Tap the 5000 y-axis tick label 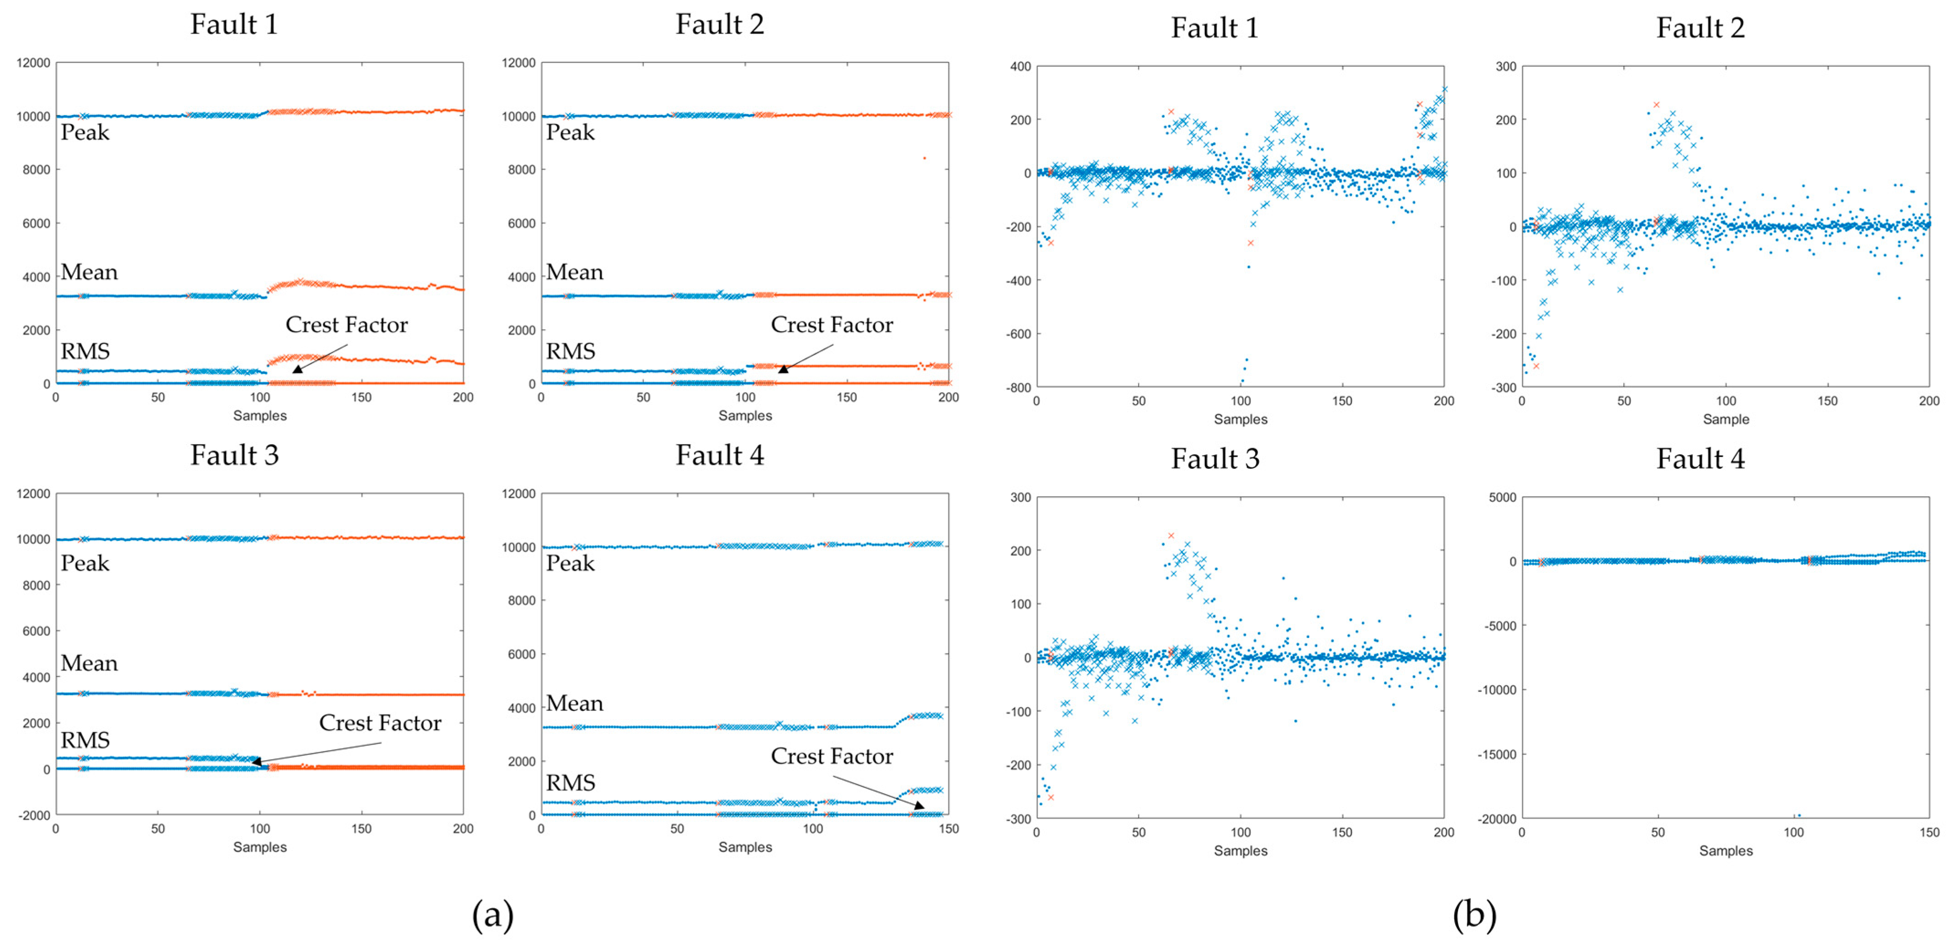(1502, 497)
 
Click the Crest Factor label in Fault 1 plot (347, 325)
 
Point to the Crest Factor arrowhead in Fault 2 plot (782, 369)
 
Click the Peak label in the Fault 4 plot (570, 563)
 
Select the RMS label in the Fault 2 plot (570, 351)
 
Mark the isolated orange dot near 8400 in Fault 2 (924, 158)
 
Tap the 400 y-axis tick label (1020, 67)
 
